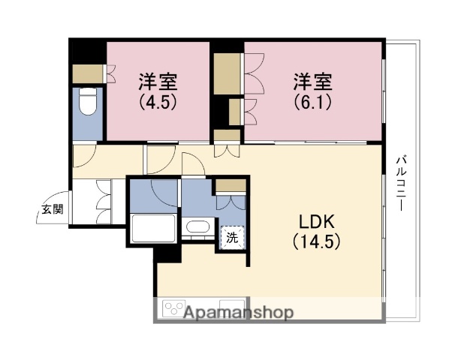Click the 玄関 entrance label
point(52,209)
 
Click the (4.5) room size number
point(158,101)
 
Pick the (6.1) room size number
point(312,101)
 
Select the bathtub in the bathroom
point(153,226)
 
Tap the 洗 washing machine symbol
point(231,238)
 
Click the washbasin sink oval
point(197,227)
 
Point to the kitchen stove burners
point(175,309)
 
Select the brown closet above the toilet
point(88,74)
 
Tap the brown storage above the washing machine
point(230,186)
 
